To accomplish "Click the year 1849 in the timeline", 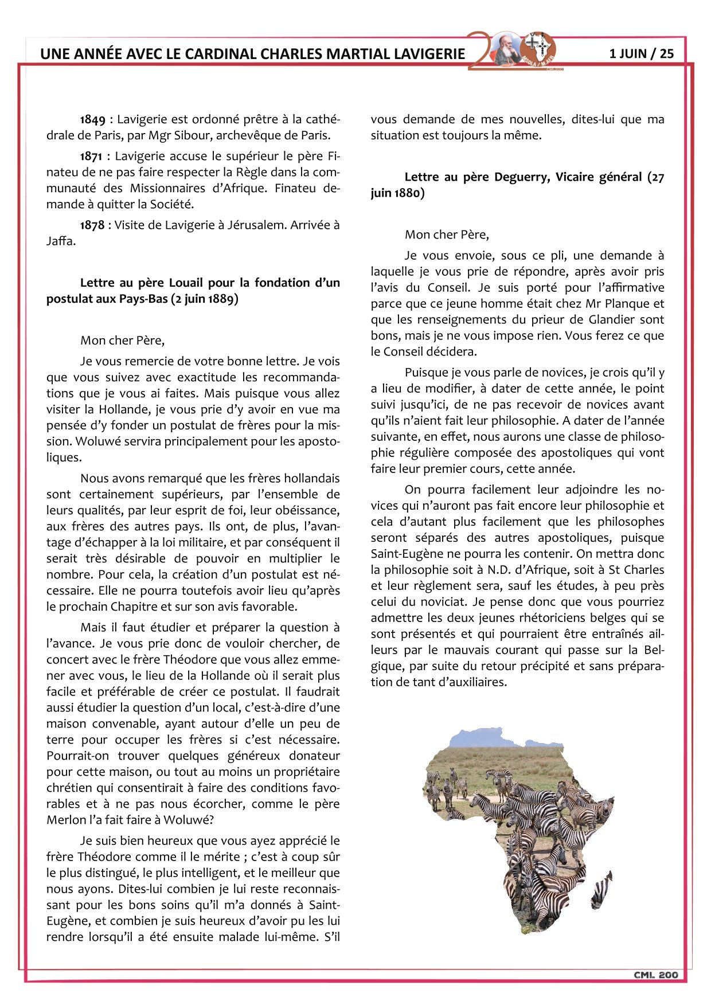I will coord(92,120).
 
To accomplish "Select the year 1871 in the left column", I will coord(92,157).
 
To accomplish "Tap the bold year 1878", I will coord(92,225).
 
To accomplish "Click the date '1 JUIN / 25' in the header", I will coord(641,54).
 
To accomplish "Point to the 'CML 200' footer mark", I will coord(655,975).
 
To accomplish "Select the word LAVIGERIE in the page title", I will coord(429,54).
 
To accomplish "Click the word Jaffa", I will coord(60,241).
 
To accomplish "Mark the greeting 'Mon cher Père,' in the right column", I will coord(447,235).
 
